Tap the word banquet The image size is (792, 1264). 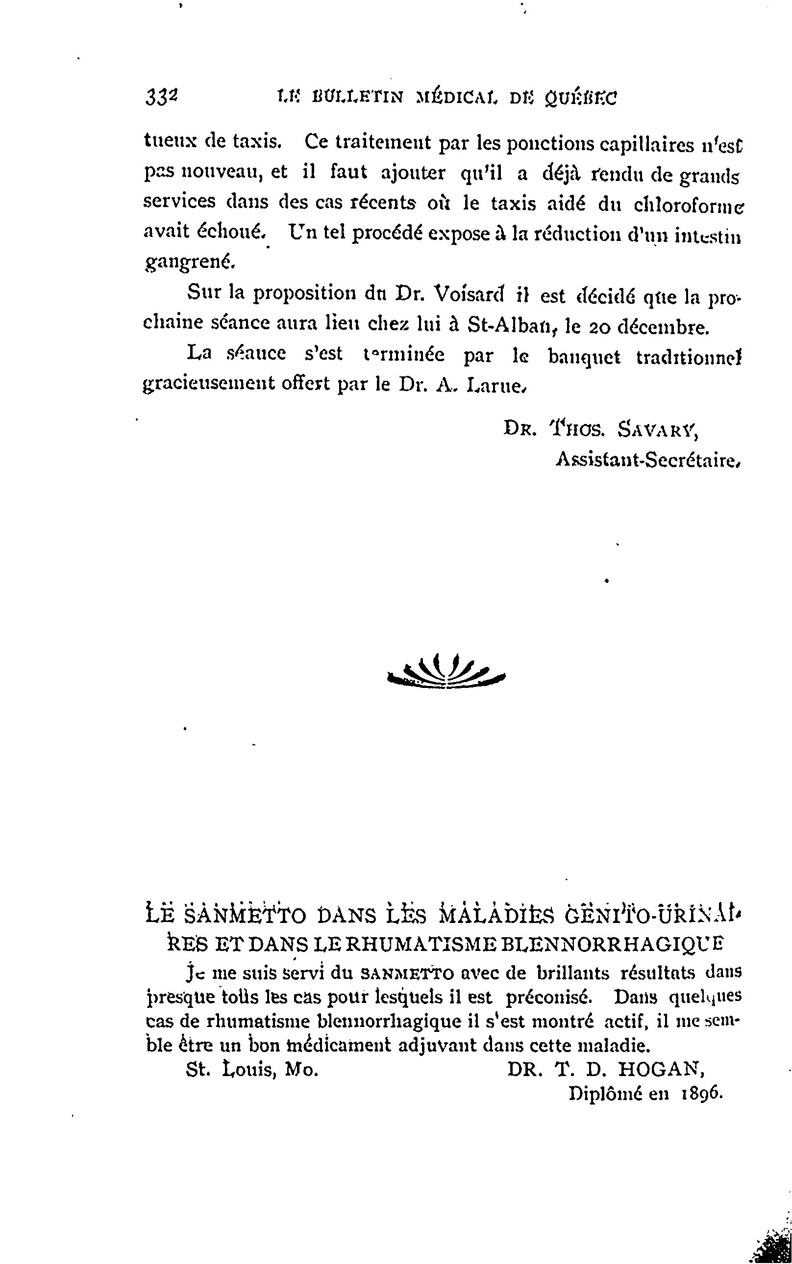(584, 357)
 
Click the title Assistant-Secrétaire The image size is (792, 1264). (647, 460)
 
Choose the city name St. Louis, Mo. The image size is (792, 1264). (252, 1070)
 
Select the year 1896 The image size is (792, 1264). (702, 1094)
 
